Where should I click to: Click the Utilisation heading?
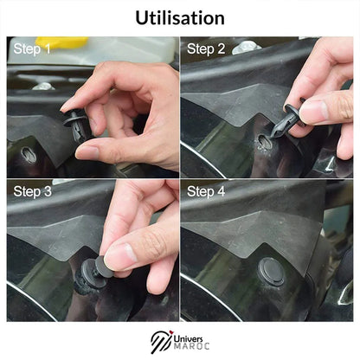tap(180, 17)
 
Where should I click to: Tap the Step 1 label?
tap(31, 49)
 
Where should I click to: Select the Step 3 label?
tap(31, 191)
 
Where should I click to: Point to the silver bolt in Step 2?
tap(247, 47)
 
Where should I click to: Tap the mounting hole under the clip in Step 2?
tap(265, 142)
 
